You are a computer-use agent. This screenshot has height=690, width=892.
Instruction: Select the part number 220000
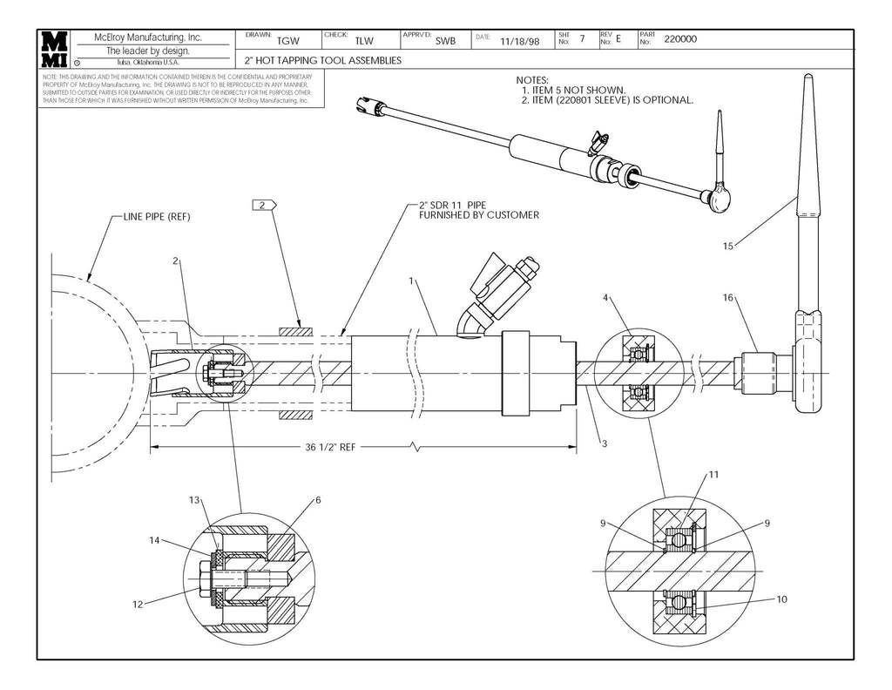[680, 39]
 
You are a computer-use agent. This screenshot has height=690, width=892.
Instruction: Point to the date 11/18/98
[520, 40]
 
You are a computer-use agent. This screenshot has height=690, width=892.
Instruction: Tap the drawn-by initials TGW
[287, 41]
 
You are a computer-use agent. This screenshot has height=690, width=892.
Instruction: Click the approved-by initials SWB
[445, 41]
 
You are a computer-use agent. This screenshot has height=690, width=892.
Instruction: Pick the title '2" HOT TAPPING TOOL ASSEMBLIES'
[322, 61]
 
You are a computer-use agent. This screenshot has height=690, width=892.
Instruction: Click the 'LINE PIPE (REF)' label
[157, 216]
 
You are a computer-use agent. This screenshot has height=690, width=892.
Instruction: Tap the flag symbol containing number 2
[262, 205]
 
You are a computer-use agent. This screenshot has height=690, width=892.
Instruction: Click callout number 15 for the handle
[728, 247]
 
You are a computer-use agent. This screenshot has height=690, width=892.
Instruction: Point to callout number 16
[728, 297]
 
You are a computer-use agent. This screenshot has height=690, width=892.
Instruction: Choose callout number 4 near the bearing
[606, 298]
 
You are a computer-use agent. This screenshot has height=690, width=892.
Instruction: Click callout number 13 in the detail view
[194, 499]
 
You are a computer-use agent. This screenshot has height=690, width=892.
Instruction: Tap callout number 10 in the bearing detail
[780, 599]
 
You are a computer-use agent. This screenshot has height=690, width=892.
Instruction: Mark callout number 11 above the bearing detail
[713, 475]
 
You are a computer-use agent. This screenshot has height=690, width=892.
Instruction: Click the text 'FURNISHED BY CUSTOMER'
[479, 215]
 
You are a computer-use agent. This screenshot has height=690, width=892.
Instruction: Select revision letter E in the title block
[618, 39]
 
